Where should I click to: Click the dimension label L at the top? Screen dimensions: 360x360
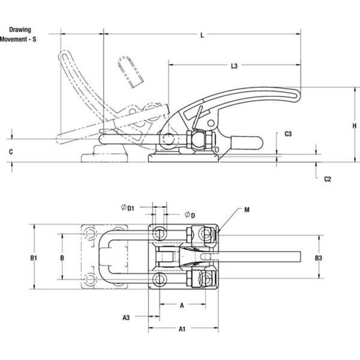202,35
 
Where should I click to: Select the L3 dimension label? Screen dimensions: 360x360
234,67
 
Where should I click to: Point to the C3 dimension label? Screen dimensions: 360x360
288,133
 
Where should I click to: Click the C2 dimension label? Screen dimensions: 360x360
328,179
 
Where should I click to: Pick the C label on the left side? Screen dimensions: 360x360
10,150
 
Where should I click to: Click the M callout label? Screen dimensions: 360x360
247,210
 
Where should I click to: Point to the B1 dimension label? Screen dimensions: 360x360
35,258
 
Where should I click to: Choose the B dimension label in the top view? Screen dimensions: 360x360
62,258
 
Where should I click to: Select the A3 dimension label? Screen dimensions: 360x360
126,317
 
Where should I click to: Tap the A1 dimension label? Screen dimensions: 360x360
182,329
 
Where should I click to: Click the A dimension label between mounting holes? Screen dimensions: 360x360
182,304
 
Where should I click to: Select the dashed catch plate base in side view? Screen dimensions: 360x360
104,157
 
